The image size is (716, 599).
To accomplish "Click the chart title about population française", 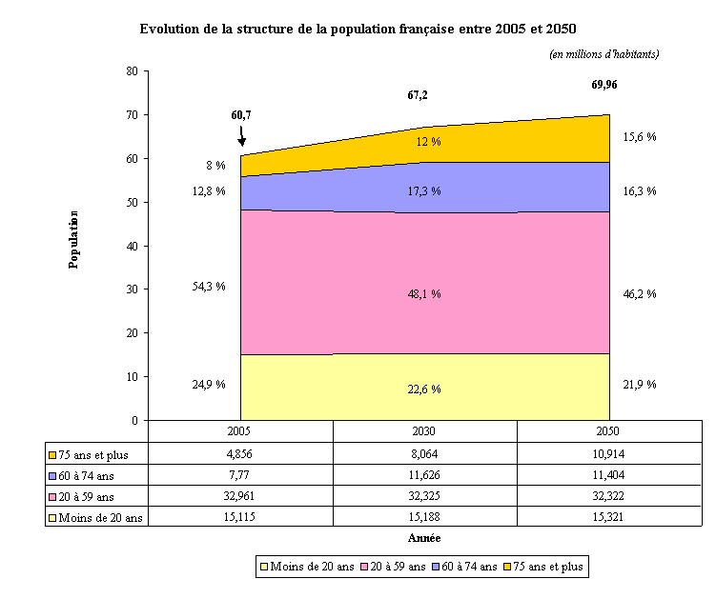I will tap(358, 30).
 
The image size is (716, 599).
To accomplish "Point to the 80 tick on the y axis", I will tap(132, 71).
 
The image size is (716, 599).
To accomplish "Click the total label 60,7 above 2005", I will tap(241, 115).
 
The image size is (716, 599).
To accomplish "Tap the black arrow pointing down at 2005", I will tap(241, 137).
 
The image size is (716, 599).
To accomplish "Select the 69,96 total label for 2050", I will tap(604, 86).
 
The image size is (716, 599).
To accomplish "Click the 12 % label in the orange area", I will tap(428, 142).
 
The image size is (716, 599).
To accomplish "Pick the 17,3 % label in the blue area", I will tap(424, 191).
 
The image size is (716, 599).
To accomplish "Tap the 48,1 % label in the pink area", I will tap(424, 294).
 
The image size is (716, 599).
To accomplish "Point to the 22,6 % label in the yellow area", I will tap(424, 389).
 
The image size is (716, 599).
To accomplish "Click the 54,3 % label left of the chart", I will tap(209, 287).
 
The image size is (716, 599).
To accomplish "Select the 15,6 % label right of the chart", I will tap(639, 137).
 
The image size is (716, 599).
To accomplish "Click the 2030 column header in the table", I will tap(425, 431).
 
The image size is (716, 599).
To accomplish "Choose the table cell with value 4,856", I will tap(241, 453).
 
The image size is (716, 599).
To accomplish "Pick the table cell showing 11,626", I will tap(425, 474).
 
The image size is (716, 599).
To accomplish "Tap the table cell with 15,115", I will tap(241, 516).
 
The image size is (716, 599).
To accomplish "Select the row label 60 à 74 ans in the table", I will tap(95, 474).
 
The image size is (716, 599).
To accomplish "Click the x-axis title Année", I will tap(424, 539).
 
